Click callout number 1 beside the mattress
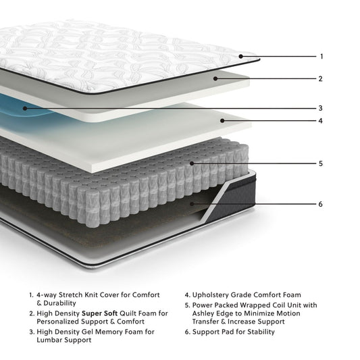tap(322, 56)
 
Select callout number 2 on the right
tap(322, 78)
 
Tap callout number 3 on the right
tap(322, 107)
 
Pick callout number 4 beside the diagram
tap(322, 121)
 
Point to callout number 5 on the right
tap(322, 163)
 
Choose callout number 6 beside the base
tap(322, 203)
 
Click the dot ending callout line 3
tap(25, 107)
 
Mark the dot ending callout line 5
tap(192, 163)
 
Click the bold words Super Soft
tap(100, 313)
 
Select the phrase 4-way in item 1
tap(47, 295)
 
